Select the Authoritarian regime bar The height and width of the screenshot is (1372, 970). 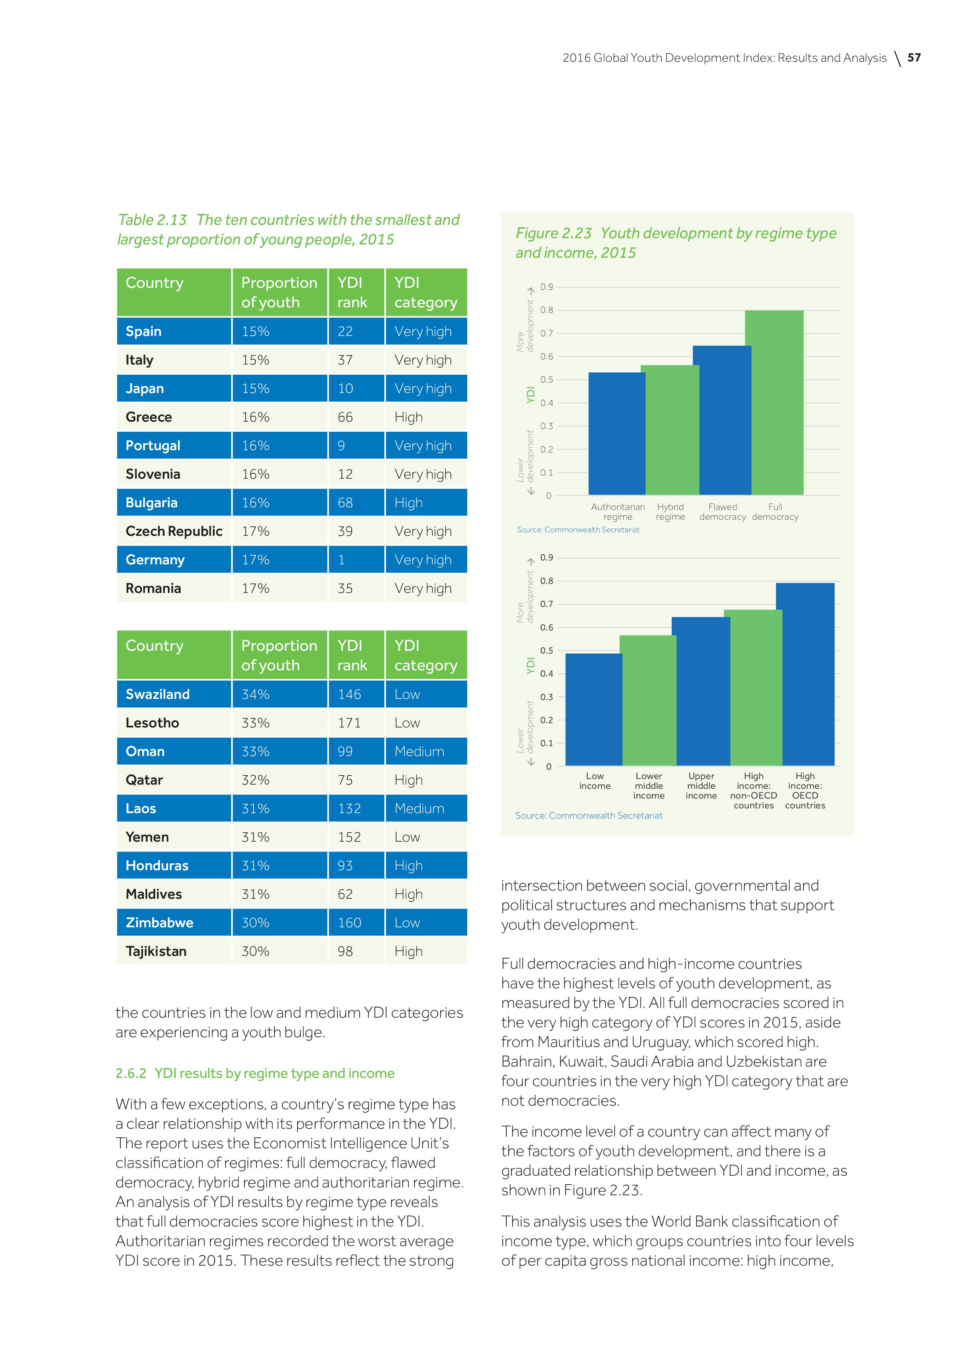[617, 433]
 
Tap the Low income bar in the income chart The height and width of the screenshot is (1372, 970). [594, 709]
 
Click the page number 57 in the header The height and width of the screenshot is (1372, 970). [914, 58]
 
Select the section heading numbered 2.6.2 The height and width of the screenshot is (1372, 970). [255, 1073]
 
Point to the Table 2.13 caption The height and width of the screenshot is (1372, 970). [289, 230]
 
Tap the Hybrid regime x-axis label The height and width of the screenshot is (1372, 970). [670, 512]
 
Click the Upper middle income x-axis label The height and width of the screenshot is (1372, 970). [701, 786]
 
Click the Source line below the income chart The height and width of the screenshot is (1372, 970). [589, 816]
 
